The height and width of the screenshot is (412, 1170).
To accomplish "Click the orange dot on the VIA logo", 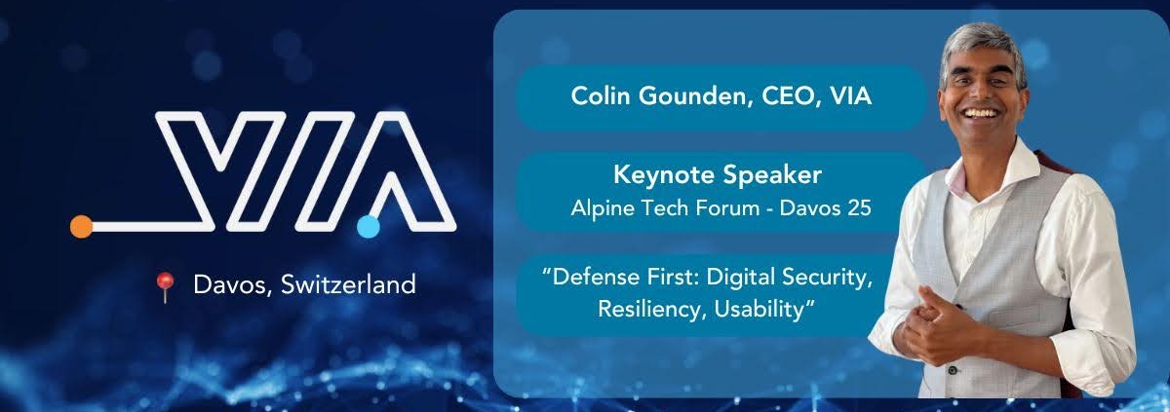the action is [x=82, y=226].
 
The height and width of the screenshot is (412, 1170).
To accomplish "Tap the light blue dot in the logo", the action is [x=369, y=226].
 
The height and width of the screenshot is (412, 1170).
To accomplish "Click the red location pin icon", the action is [x=165, y=286].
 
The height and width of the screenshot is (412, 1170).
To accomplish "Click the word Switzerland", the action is [x=348, y=284].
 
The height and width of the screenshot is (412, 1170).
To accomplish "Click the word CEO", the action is [x=792, y=96].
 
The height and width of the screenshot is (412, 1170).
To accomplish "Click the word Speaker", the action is [x=770, y=175].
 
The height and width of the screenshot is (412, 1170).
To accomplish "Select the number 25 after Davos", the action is [x=859, y=208].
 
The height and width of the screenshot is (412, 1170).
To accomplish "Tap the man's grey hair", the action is [x=982, y=45].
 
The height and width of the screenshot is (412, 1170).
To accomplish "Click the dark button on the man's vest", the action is [x=953, y=370].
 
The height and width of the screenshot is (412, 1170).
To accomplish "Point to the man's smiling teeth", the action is [x=981, y=113].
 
